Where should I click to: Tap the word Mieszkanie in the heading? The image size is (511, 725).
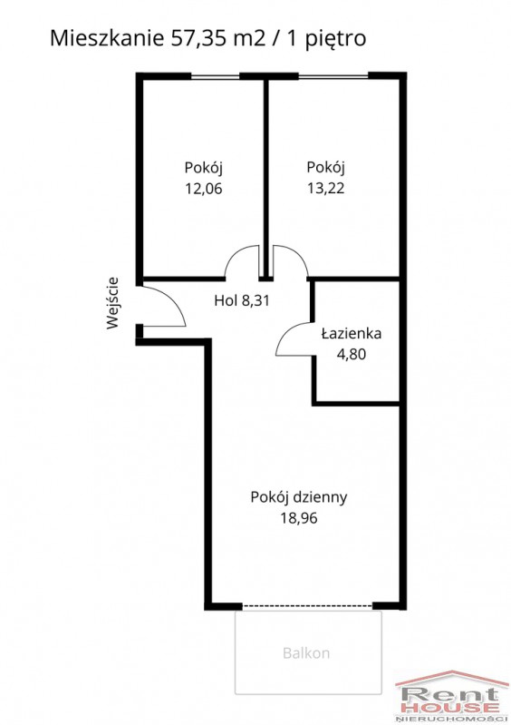pos(107,38)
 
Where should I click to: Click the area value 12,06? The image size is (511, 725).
pos(204,189)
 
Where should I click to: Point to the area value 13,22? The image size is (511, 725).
pos(326,188)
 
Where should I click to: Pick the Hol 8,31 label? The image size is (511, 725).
pos(242,301)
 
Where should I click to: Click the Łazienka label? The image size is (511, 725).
pos(352,333)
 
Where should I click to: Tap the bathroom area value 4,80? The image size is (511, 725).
pos(352,354)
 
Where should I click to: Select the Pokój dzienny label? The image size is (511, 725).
pos(299,497)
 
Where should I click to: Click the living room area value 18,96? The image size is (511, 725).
pos(299,518)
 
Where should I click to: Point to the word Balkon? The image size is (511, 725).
pos(306,653)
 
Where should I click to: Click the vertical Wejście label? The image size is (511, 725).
pos(112,303)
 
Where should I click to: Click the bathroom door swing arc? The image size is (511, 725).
pos(284,334)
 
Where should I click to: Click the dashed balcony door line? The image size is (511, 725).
pos(307,605)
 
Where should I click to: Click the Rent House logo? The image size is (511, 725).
pos(451,696)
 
